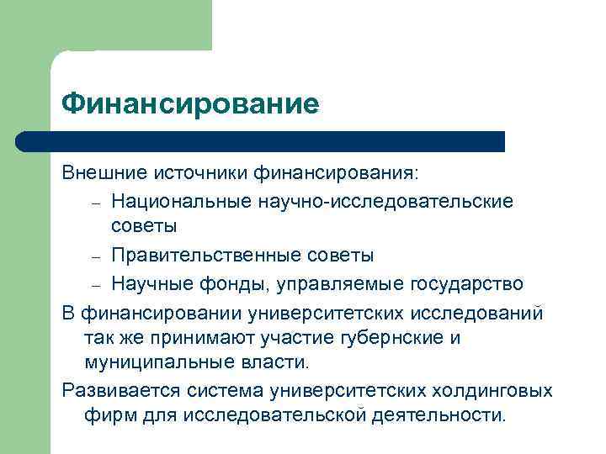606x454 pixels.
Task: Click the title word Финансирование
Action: (190, 104)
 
